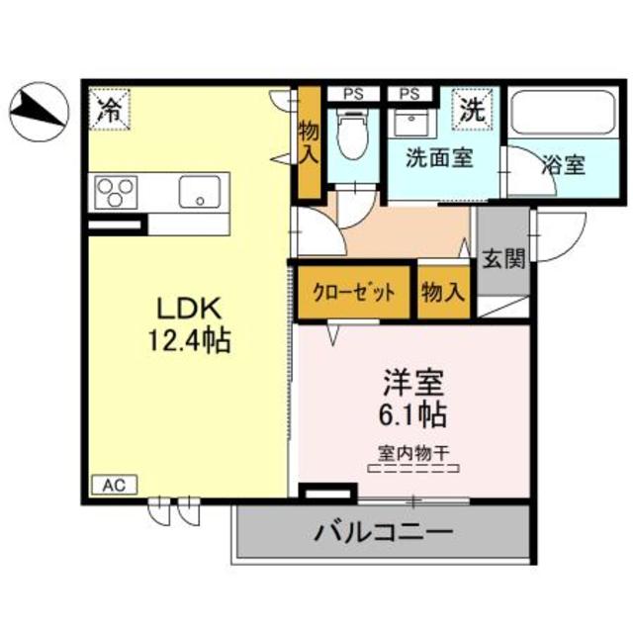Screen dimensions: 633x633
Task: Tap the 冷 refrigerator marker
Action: [108, 109]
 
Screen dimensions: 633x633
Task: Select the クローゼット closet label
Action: [354, 292]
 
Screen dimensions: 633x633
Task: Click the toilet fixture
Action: [352, 136]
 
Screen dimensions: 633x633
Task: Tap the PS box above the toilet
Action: [352, 95]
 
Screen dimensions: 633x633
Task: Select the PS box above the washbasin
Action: [409, 95]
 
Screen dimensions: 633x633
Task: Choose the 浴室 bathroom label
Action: [563, 163]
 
